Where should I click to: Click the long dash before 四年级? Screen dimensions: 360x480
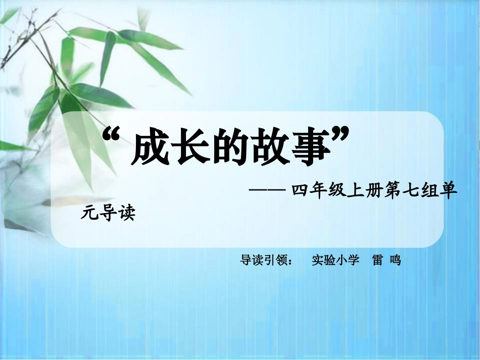pos(267,191)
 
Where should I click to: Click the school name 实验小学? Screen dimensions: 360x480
pos(335,261)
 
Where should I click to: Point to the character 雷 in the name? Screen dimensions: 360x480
pos(377,261)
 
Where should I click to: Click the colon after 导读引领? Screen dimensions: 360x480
pos(295,262)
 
